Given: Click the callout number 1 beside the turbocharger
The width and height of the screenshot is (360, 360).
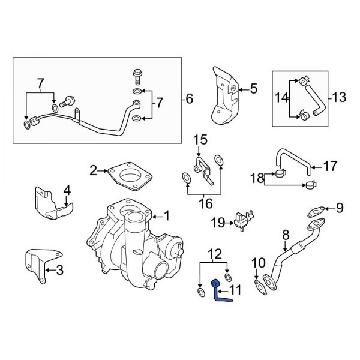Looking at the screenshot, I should click(x=167, y=215).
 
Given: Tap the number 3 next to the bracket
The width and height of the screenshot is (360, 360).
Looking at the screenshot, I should click(x=59, y=270).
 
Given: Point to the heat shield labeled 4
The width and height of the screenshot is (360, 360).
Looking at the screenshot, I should click(x=50, y=205).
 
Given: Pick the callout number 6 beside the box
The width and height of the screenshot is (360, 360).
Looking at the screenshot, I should click(x=190, y=99).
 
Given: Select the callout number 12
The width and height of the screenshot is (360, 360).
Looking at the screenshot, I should click(x=214, y=254).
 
